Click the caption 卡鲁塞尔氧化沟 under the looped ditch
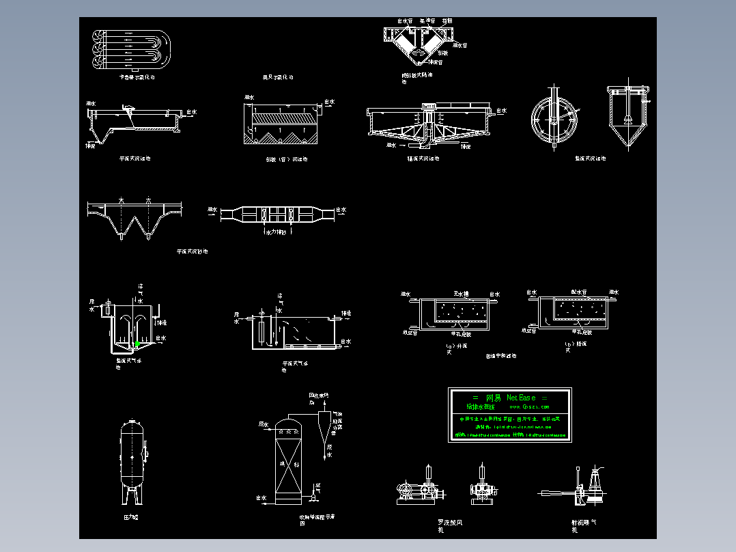[137, 78]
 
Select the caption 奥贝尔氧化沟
[278, 78]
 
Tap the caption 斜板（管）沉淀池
[286, 159]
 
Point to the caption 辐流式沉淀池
[423, 159]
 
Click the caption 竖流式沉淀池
[590, 159]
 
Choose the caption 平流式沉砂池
[192, 251]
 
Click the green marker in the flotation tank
[137, 344]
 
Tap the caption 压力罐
[131, 518]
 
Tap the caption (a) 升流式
[457, 348]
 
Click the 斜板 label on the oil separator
[442, 53]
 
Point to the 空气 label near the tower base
[319, 487]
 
